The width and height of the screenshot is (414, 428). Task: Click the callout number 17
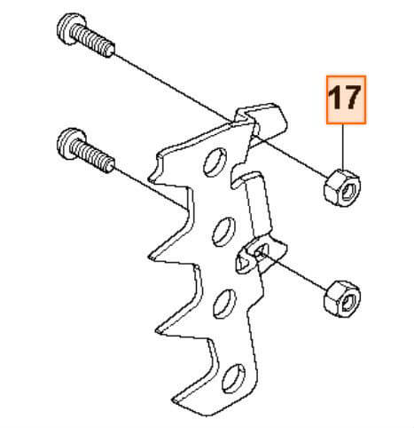click(345, 99)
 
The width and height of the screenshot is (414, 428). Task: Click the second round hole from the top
click(217, 234)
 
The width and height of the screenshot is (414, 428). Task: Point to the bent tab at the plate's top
click(266, 120)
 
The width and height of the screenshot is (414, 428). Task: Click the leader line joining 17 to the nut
click(345, 146)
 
